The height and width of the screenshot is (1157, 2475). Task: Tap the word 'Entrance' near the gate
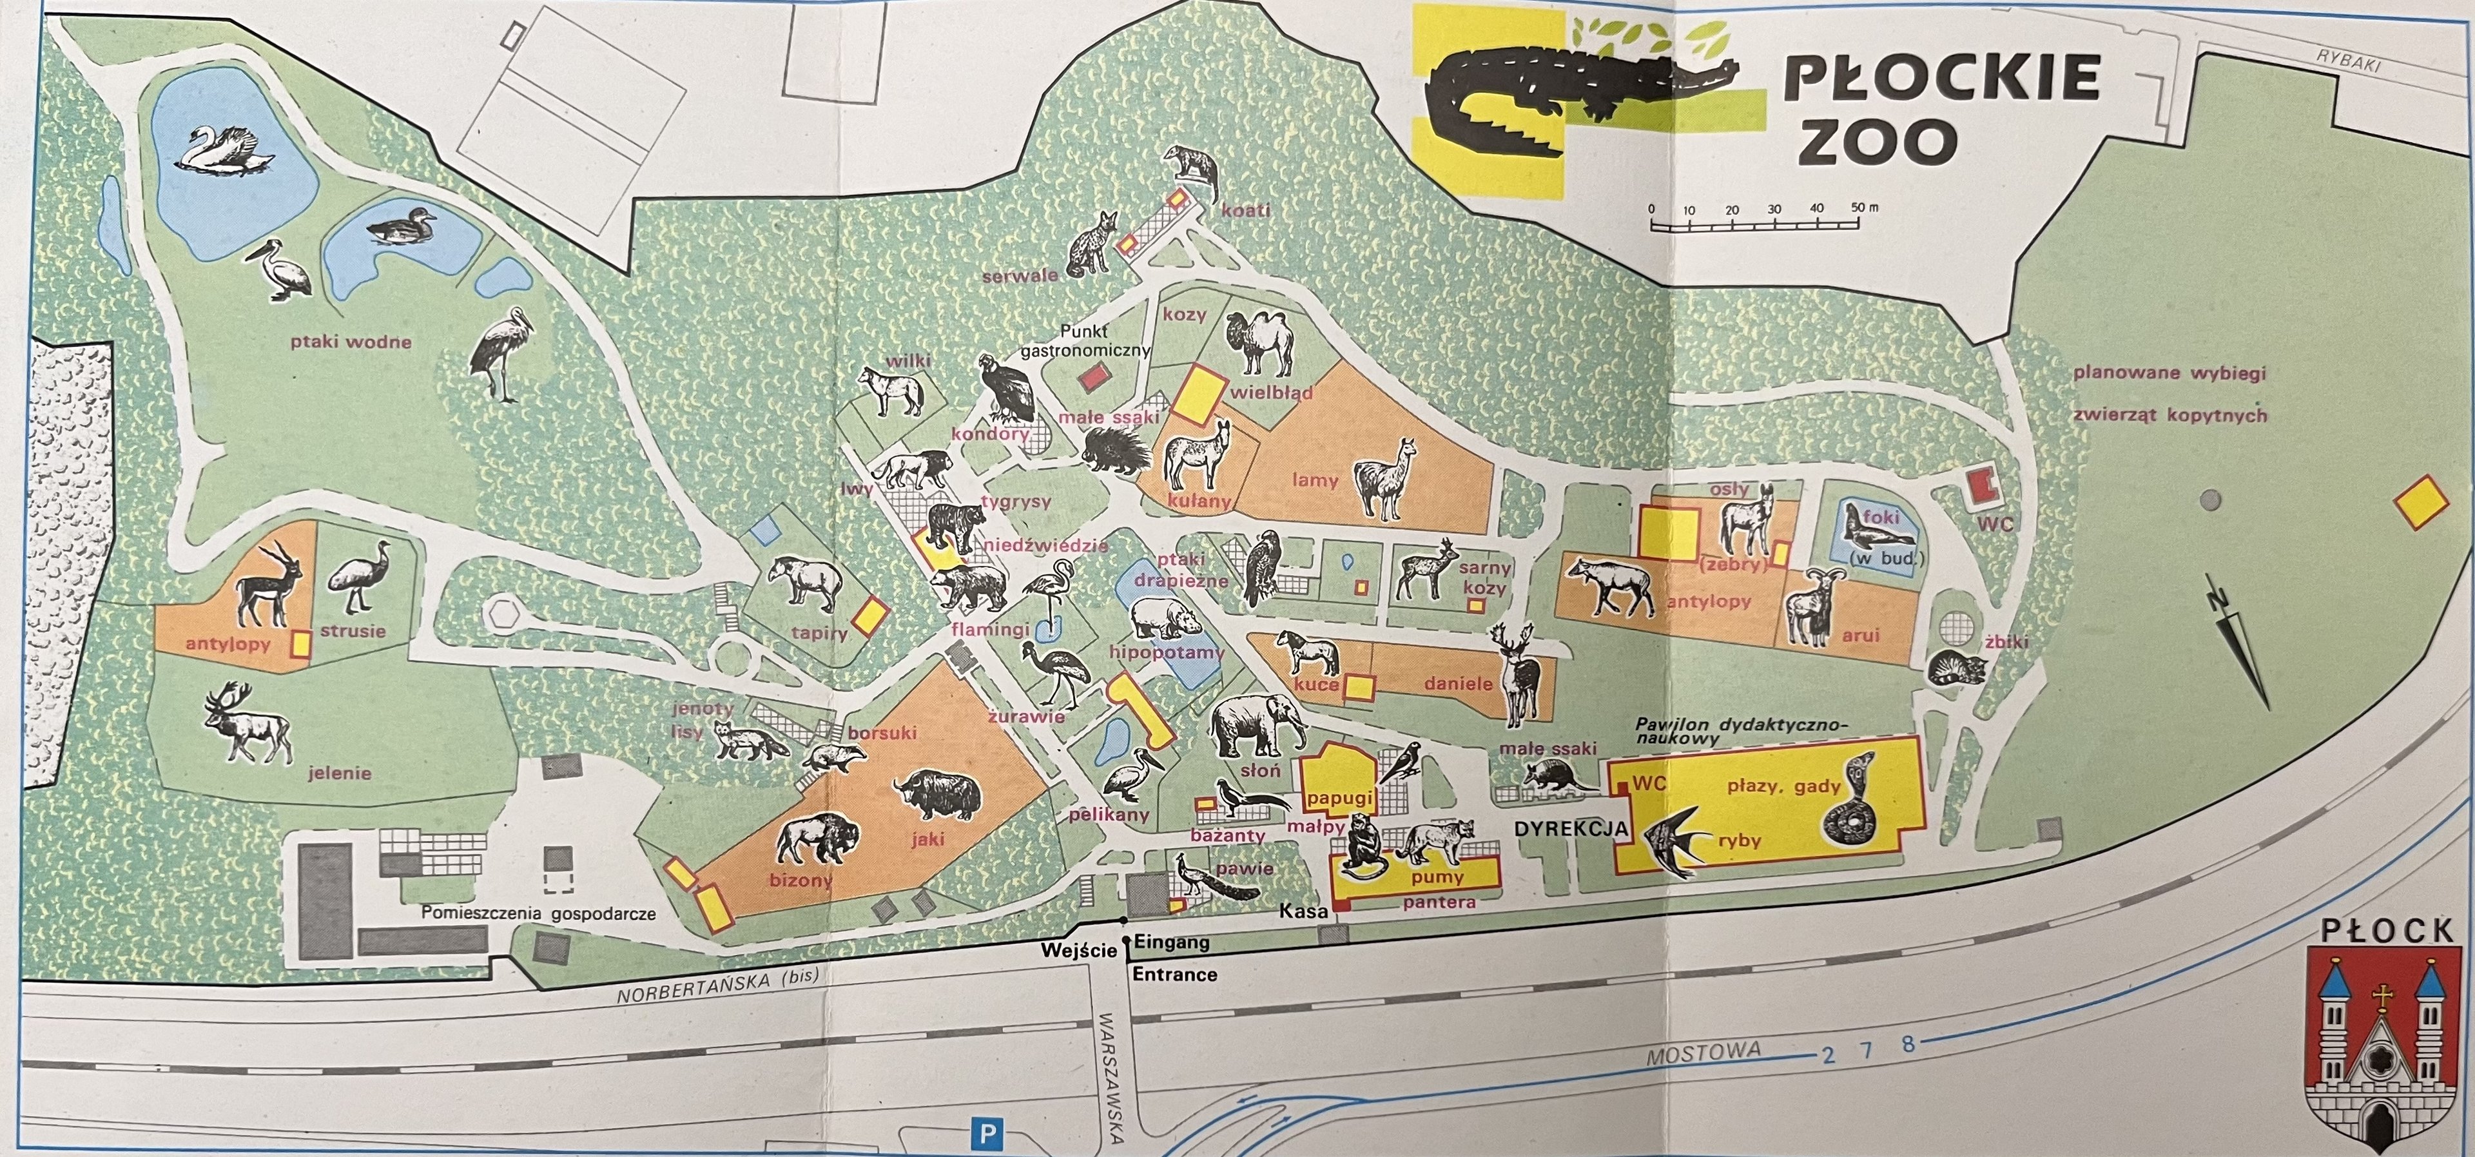pos(1174,973)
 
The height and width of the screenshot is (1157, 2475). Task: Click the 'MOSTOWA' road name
pos(1703,1053)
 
